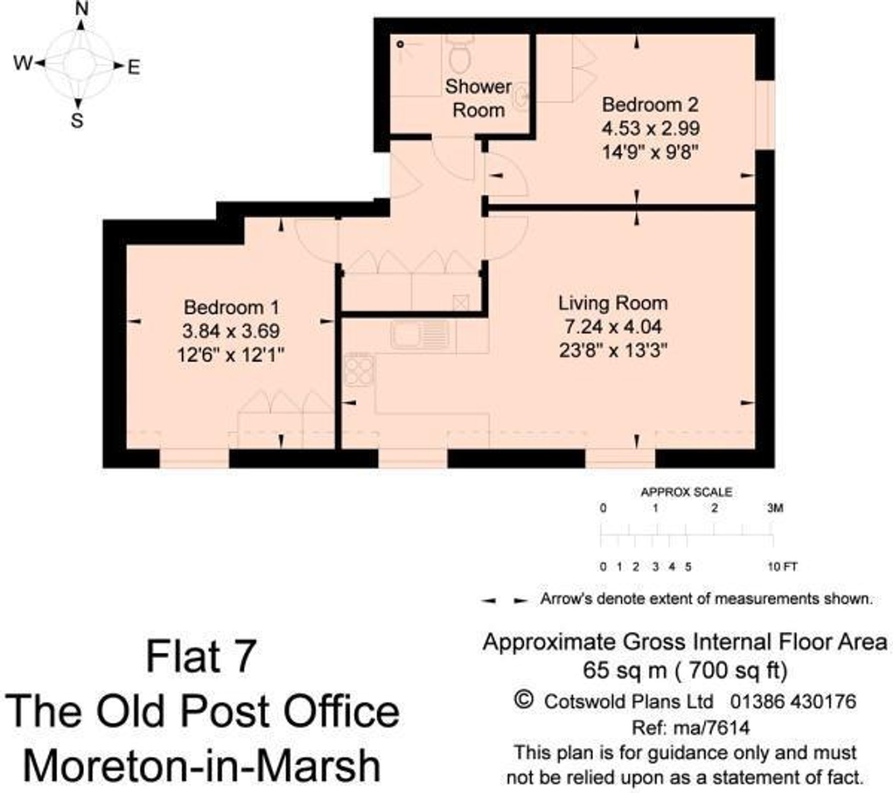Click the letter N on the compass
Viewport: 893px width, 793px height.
tap(81, 8)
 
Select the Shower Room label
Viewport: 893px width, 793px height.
tap(478, 98)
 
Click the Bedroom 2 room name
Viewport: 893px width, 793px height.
tap(650, 105)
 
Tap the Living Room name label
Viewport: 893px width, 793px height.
tap(613, 303)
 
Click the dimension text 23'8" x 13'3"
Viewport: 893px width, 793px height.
tap(613, 351)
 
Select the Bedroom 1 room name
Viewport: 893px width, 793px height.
tap(231, 307)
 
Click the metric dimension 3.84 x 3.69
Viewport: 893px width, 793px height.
tap(231, 331)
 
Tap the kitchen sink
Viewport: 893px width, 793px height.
tap(420, 335)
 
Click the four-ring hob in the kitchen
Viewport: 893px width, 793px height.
tap(359, 370)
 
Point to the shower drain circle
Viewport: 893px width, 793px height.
tap(401, 44)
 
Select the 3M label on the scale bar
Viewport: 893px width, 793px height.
tap(775, 508)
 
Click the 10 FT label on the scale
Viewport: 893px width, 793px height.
tap(782, 567)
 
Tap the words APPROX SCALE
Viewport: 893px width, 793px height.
tap(686, 492)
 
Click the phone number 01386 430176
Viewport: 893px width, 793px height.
tap(793, 702)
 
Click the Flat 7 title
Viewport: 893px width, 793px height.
tap(201, 656)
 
